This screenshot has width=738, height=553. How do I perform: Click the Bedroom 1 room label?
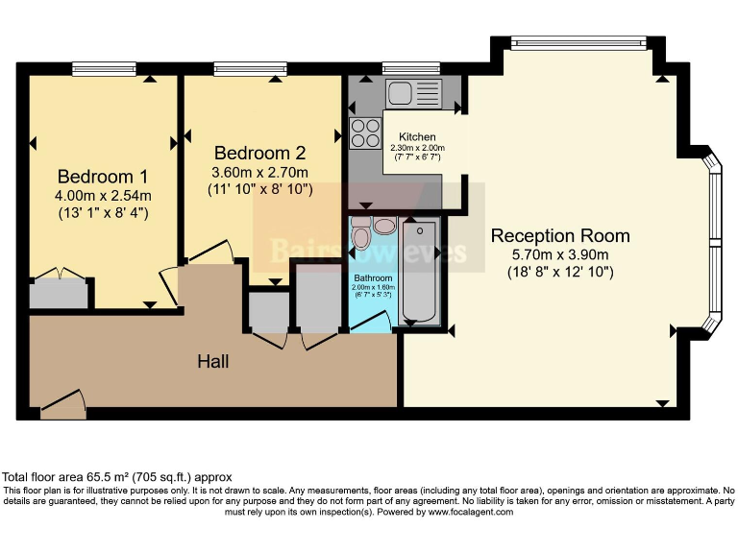coord(103,177)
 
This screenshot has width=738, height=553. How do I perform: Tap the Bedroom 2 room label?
coord(259,153)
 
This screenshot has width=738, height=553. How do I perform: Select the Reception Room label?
coord(560,236)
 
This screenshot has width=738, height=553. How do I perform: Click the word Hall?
coord(212,361)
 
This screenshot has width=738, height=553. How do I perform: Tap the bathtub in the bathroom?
coord(420,271)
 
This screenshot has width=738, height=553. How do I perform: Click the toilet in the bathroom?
coord(361,234)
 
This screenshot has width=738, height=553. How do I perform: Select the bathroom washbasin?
coord(384,227)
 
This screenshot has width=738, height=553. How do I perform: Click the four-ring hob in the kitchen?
coord(365,132)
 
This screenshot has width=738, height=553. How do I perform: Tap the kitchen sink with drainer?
coord(413,94)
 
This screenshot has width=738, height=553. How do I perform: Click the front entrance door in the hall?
coord(61,402)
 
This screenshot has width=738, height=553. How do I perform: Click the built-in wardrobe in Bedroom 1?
coord(61,292)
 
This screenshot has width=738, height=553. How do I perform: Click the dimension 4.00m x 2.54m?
coord(103,196)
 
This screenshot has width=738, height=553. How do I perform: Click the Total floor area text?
coord(116,477)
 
